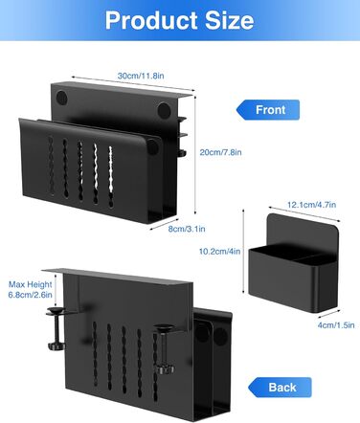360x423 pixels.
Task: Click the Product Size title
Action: coord(179,20)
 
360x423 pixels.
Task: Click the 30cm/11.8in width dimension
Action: coord(141,76)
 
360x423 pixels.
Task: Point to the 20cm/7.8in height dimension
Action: coord(220,152)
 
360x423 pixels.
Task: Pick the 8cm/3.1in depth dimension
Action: coord(187,229)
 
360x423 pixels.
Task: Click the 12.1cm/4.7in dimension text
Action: coord(311,205)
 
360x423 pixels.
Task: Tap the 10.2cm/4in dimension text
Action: coord(219,252)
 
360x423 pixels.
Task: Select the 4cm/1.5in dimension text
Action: coord(336,325)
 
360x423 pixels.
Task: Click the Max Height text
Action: coord(30,284)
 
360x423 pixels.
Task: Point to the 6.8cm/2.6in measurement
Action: coord(30,295)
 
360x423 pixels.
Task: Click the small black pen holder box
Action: coord(294,263)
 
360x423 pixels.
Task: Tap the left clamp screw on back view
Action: coord(56,328)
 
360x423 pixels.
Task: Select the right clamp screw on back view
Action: coord(164,348)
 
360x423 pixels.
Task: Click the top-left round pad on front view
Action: coord(61,98)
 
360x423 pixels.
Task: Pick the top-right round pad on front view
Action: coord(164,109)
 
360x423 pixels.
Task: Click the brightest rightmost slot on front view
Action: coord(111,177)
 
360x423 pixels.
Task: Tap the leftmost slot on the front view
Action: coord(51,166)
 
